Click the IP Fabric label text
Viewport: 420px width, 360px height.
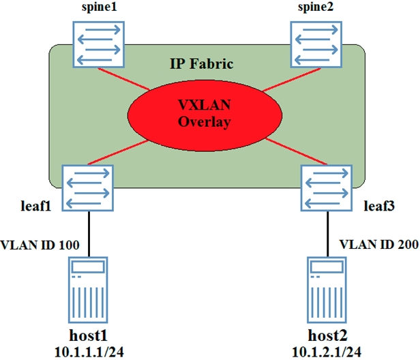click(201, 64)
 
